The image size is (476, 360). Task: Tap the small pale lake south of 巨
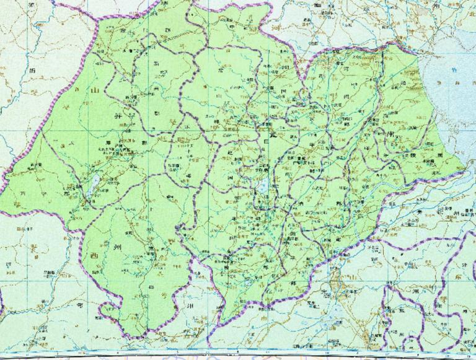[263, 186]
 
